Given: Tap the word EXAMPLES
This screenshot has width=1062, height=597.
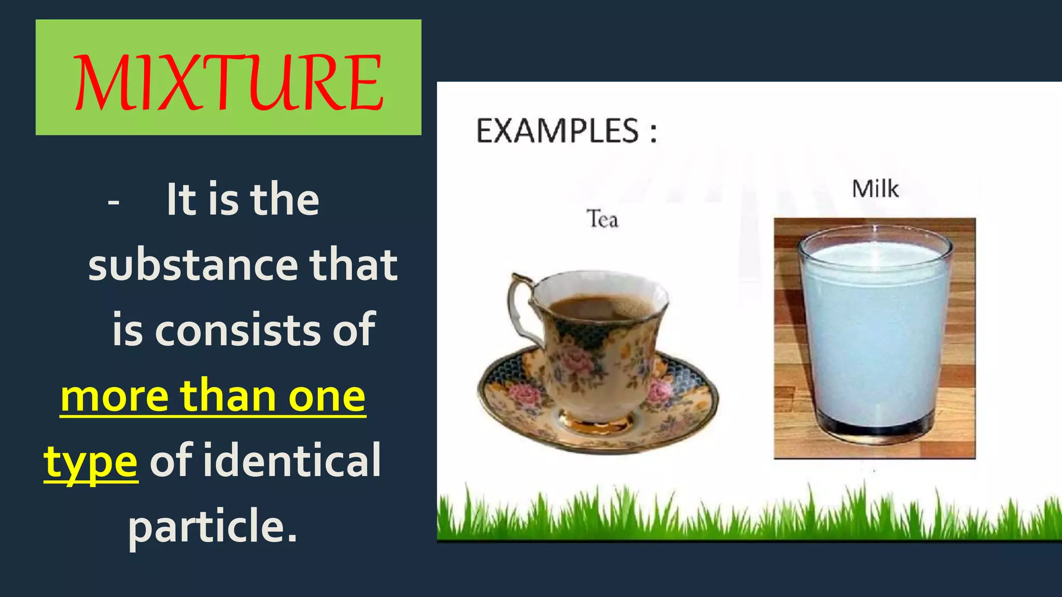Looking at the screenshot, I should [557, 131].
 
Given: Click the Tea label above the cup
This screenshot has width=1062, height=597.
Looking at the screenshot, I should [602, 219].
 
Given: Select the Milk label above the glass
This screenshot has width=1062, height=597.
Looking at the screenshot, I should [875, 189].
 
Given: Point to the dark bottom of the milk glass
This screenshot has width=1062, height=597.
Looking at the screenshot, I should [875, 430].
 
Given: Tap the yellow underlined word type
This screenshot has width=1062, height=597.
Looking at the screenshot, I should [91, 461].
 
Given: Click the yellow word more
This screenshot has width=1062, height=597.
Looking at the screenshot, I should [114, 396].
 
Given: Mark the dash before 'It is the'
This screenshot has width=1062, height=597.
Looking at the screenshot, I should [114, 202].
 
